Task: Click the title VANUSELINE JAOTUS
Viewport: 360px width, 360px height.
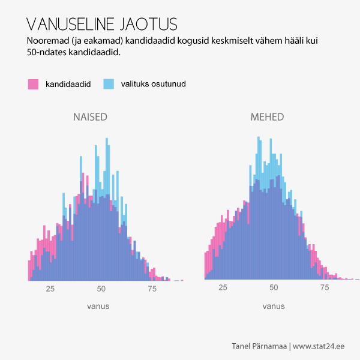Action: coord(103,24)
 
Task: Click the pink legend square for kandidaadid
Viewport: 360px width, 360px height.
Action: coord(33,84)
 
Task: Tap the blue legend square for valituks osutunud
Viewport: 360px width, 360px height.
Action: coord(109,84)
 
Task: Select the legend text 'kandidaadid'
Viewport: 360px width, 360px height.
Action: coord(68,84)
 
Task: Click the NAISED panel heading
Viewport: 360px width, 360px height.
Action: coord(90,117)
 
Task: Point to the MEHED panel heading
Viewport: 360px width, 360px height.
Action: coord(267,117)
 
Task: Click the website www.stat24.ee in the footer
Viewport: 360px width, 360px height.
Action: coord(319,346)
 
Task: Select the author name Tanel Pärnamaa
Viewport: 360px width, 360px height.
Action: coord(259,346)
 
